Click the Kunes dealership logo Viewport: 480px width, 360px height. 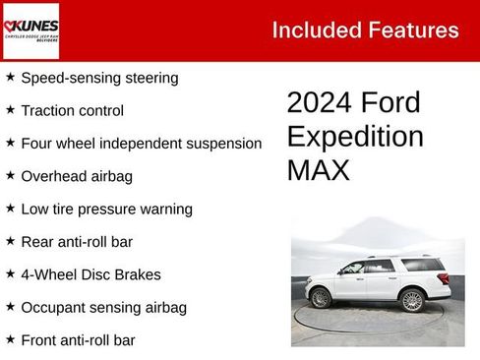(x=30, y=30)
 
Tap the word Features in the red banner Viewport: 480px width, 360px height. (x=414, y=30)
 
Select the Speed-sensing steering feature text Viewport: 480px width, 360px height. (x=99, y=77)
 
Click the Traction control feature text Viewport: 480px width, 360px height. (x=72, y=110)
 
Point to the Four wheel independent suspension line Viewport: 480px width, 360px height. (x=141, y=143)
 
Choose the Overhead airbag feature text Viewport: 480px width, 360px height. (x=76, y=176)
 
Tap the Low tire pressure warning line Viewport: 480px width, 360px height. (x=106, y=209)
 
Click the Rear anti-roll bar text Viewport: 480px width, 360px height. (x=77, y=241)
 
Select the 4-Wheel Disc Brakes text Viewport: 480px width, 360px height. (x=90, y=274)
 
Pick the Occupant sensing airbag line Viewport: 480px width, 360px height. (x=103, y=307)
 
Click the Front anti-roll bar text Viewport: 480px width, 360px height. (x=78, y=340)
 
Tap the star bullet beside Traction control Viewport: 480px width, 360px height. (x=10, y=109)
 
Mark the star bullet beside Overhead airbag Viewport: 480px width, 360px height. (x=10, y=175)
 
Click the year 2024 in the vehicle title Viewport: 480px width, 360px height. (x=319, y=102)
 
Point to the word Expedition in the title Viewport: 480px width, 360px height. (x=355, y=136)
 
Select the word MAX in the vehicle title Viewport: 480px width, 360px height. (x=318, y=169)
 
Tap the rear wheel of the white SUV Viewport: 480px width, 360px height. (x=411, y=300)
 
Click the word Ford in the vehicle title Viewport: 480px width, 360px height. (x=390, y=102)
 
